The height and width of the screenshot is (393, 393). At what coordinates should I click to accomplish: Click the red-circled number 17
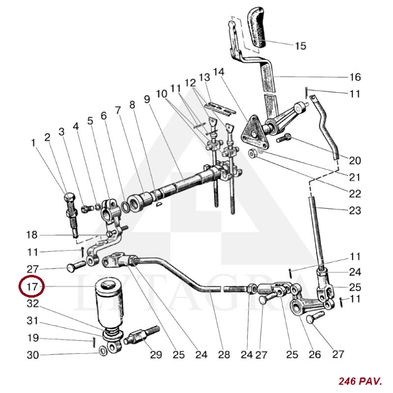[31, 287]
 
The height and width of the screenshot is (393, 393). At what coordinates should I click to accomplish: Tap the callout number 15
[301, 46]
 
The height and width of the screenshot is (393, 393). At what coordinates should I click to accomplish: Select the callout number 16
[355, 77]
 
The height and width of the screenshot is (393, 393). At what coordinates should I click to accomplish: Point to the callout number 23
[355, 211]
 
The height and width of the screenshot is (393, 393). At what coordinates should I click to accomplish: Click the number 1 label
[33, 143]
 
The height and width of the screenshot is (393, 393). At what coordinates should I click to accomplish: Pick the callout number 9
[146, 99]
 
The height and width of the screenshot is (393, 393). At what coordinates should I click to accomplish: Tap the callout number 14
[219, 72]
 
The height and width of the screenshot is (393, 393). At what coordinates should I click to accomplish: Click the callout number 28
[224, 354]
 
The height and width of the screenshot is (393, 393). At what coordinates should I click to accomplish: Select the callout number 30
[32, 355]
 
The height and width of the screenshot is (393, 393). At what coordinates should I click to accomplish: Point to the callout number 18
[31, 234]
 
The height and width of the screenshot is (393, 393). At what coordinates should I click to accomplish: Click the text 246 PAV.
[359, 381]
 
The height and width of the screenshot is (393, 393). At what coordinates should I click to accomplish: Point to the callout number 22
[355, 194]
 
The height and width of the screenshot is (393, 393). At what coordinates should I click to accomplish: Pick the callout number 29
[156, 354]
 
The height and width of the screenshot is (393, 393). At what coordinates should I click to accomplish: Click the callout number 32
[32, 304]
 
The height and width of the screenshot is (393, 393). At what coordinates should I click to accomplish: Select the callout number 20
[355, 161]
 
